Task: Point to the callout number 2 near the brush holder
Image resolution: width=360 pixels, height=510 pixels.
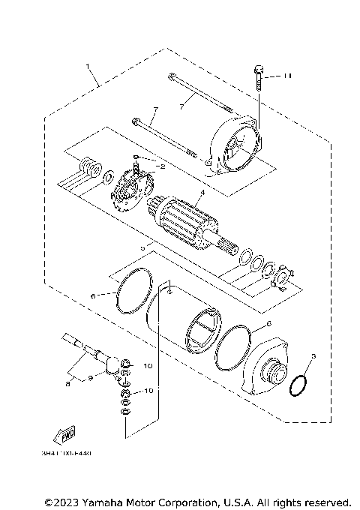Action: click(160, 166)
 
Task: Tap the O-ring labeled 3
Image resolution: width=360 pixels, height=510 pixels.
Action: click(298, 384)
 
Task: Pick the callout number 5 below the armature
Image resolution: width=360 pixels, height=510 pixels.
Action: click(142, 246)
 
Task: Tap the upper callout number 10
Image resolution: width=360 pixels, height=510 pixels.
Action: click(148, 365)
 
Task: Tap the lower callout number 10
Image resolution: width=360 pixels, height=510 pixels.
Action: click(148, 391)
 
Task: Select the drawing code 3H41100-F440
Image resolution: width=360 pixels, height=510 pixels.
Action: click(63, 453)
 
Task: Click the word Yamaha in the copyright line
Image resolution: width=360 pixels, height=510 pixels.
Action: click(109, 501)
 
